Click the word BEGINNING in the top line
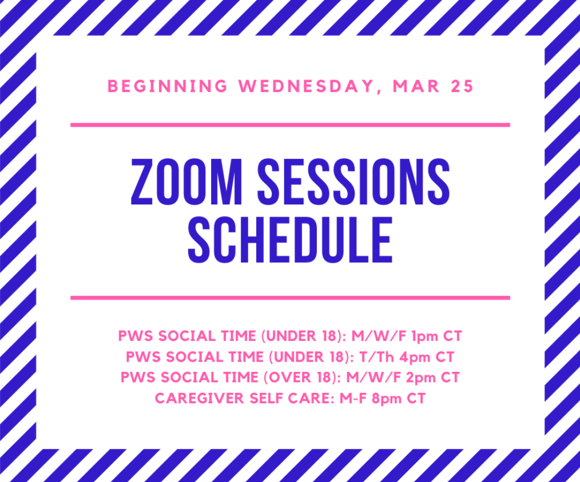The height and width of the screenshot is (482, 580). coord(167,86)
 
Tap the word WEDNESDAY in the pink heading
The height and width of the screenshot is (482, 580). coord(306,86)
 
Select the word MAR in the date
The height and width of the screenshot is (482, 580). coord(416,86)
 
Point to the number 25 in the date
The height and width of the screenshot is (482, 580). coord(462,86)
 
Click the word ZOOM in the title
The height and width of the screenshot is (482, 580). coord(186,182)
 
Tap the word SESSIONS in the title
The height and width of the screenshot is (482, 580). coord(353,182)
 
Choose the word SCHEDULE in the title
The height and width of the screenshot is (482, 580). coord(291,240)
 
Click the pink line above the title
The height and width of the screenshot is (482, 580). coord(291,125)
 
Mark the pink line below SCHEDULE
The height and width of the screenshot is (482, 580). coord(291,298)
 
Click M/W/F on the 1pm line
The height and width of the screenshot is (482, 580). coord(379,336)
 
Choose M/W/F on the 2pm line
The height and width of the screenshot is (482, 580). coord(374,377)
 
